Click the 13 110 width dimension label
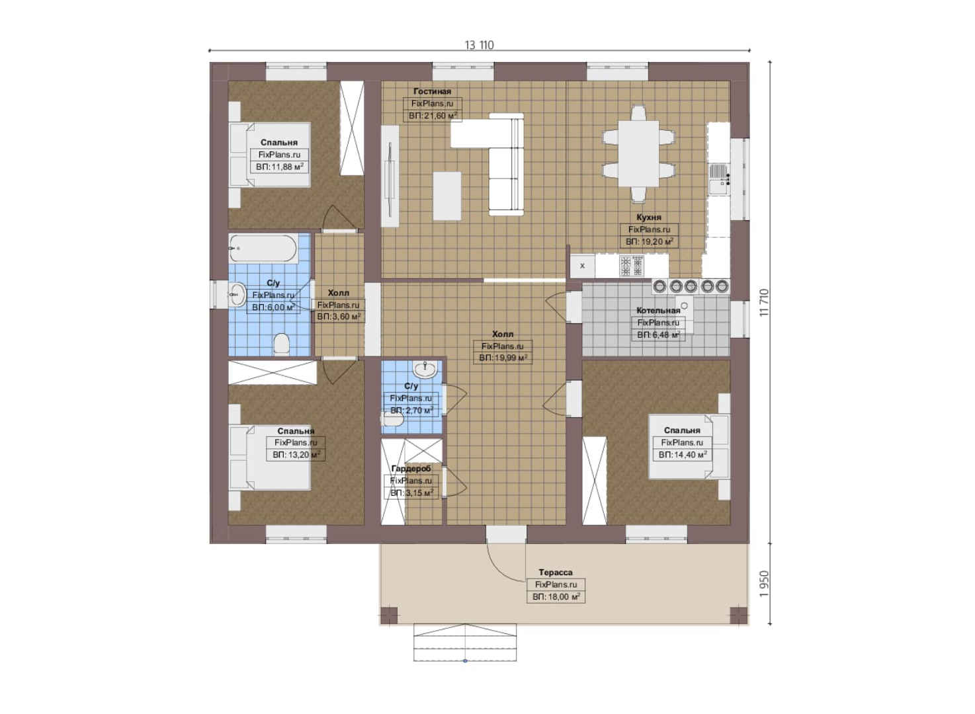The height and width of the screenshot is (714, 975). (x=479, y=45)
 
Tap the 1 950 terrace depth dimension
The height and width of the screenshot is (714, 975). (x=764, y=584)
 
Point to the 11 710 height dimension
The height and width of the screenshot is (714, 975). (x=764, y=302)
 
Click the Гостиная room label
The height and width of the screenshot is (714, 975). (x=432, y=91)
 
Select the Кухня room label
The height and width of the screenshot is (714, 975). (x=648, y=217)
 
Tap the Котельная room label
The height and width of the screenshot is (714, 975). (x=658, y=310)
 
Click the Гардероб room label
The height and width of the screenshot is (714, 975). (x=411, y=469)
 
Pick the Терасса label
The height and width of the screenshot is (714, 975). (x=556, y=572)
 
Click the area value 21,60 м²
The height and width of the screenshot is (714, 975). (x=433, y=116)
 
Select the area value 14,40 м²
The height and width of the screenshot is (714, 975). (x=682, y=455)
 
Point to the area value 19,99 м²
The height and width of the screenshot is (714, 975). (x=503, y=358)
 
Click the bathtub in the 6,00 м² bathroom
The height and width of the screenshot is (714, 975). (x=263, y=249)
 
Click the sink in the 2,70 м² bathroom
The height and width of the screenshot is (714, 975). (x=425, y=370)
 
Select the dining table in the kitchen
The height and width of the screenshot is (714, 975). (x=638, y=153)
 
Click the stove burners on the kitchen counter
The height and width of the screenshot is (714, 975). (x=632, y=266)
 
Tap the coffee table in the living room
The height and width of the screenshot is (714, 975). (x=447, y=196)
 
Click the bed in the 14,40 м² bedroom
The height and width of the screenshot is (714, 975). (x=689, y=447)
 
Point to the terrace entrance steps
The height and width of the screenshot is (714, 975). (x=465, y=643)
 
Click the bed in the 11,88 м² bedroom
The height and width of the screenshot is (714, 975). (x=270, y=155)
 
